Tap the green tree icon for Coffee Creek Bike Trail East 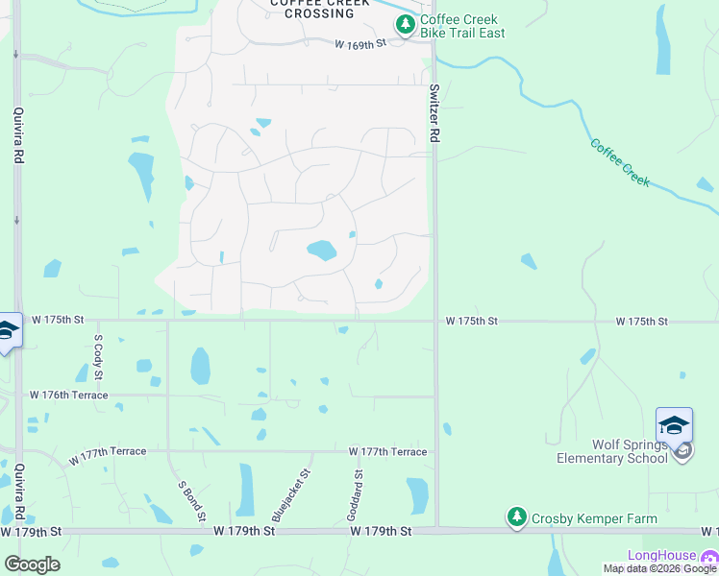click(x=407, y=24)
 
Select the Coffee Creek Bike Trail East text click(x=462, y=27)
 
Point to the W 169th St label click(x=359, y=44)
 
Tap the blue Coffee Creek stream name click(x=620, y=163)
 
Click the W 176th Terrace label click(x=68, y=395)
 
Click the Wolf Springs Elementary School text click(x=611, y=451)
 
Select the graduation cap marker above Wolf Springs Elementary click(x=674, y=424)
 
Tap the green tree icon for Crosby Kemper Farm click(x=517, y=518)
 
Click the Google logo click(x=32, y=564)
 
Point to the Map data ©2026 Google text click(x=659, y=569)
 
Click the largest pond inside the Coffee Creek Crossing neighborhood click(x=321, y=252)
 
